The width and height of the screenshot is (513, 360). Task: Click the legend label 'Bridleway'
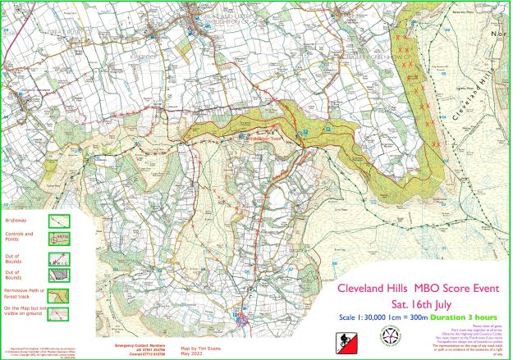tap(15, 221)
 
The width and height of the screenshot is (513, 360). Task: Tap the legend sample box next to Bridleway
tap(57, 220)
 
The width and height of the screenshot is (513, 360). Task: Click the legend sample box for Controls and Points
tap(57, 238)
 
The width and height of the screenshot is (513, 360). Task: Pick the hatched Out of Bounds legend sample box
tap(57, 276)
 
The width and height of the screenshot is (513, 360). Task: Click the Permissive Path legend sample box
tap(57, 293)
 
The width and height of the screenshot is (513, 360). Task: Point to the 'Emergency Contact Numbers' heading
tap(135, 345)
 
